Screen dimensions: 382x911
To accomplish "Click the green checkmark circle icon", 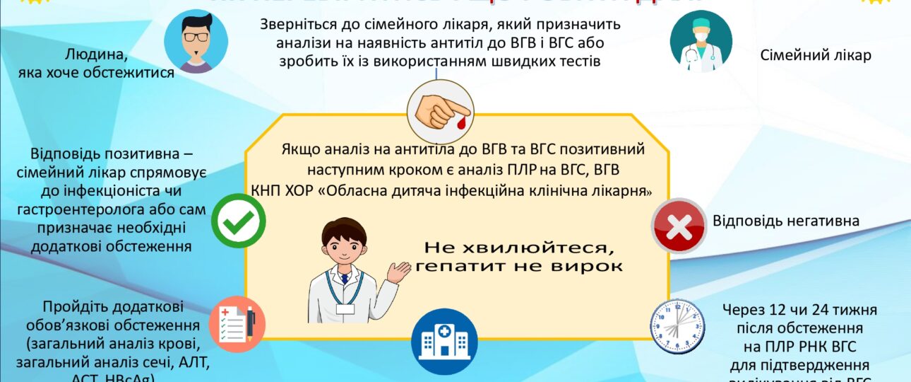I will click(x=239, y=221).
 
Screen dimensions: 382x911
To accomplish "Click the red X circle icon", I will click(x=679, y=226).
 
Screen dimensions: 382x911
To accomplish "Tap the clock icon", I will click(x=677, y=328).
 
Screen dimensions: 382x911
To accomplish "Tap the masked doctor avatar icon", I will click(x=701, y=42).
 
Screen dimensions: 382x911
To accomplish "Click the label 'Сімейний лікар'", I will click(x=816, y=55).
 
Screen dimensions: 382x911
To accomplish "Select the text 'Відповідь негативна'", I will click(x=785, y=221).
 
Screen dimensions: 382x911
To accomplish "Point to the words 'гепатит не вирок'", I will click(x=519, y=267).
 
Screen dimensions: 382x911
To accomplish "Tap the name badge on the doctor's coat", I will click(x=345, y=308).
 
